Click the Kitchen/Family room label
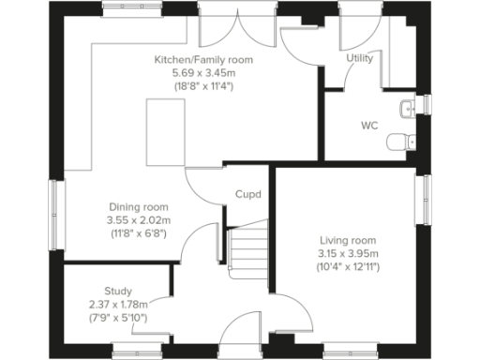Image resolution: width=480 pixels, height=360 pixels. [203, 59]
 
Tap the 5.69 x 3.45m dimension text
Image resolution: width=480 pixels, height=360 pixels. [203, 72]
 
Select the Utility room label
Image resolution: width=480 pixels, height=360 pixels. [358, 58]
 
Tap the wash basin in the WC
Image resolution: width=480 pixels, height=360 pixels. [406, 109]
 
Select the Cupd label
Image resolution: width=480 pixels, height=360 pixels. [247, 196]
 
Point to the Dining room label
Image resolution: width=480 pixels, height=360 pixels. [138, 207]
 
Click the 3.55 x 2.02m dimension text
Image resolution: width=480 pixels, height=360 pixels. [138, 220]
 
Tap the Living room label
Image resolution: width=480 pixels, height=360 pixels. [347, 240]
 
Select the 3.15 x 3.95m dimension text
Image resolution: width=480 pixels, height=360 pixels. [347, 253]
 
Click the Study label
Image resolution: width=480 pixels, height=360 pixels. [118, 292]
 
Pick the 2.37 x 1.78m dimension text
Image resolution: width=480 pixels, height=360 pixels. [118, 305]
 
